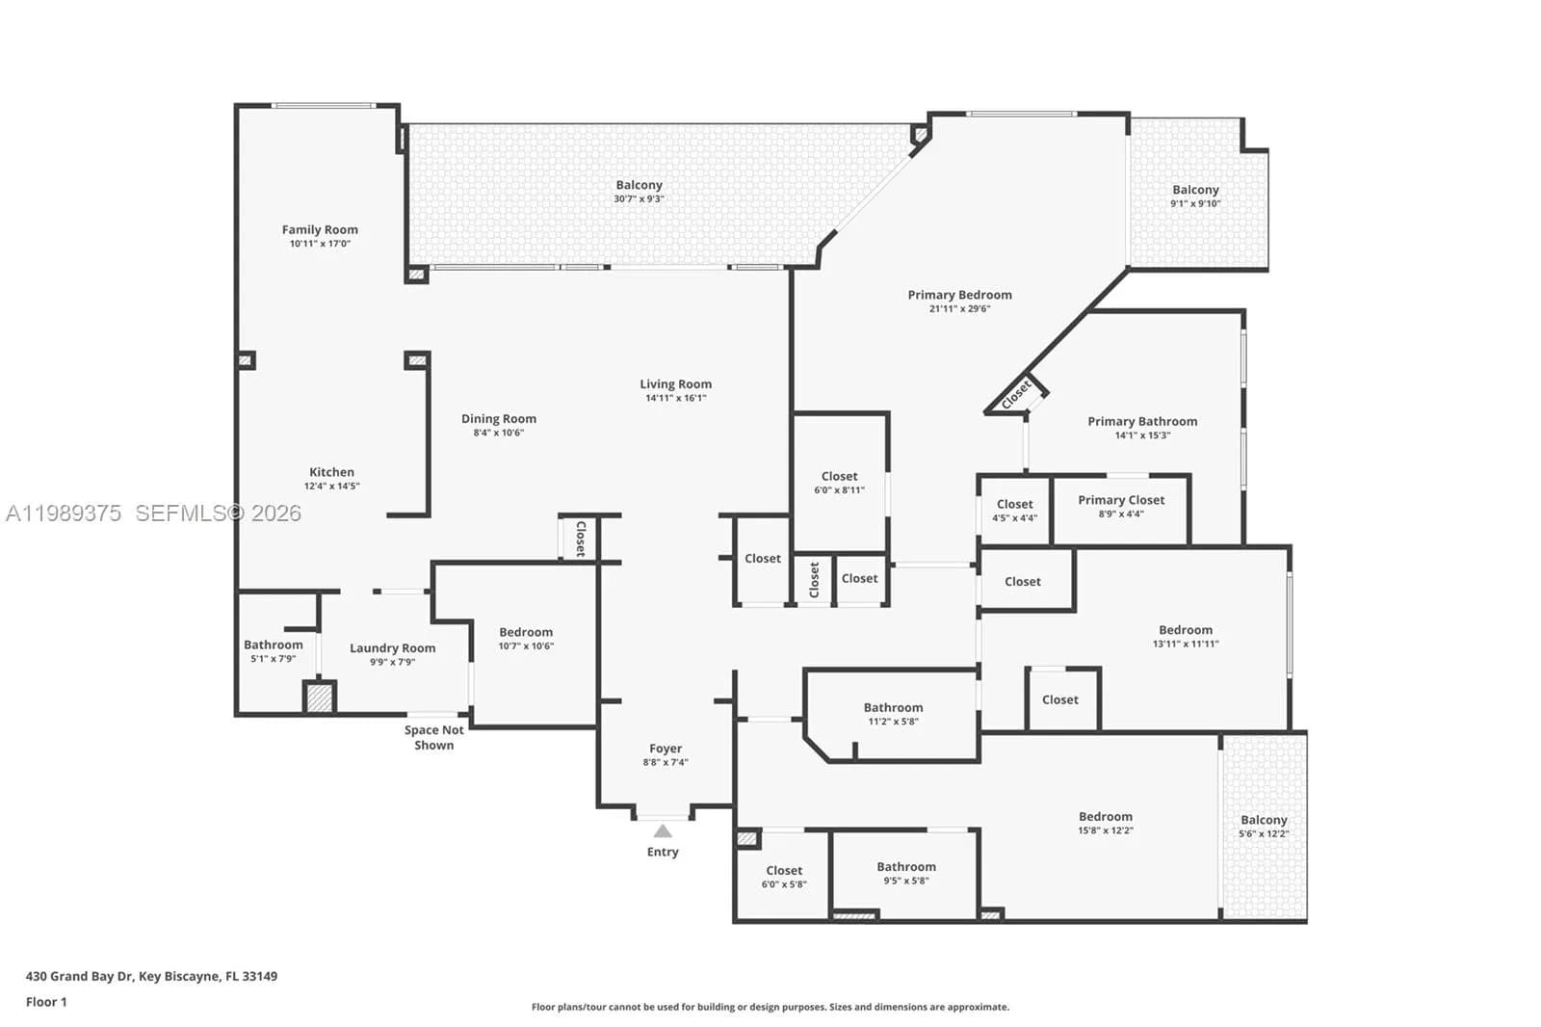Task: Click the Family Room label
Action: point(320,229)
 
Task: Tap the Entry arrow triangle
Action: point(663,831)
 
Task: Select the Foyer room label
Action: point(666,749)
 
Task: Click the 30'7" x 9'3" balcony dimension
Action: point(639,199)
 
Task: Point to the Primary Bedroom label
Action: point(959,295)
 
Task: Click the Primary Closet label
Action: point(1121,500)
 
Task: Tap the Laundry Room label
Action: point(392,648)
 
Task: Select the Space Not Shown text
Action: point(433,738)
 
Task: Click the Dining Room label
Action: point(498,419)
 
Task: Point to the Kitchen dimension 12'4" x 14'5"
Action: point(331,487)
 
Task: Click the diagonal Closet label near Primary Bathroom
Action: point(1016,394)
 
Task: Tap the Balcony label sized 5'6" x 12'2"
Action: point(1264,820)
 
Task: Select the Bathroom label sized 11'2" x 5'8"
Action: point(893,707)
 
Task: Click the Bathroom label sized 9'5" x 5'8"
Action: point(905,867)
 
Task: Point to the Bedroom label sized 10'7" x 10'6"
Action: point(526,633)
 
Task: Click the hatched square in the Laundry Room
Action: point(319,698)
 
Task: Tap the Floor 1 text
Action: point(46,1002)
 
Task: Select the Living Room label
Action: point(675,384)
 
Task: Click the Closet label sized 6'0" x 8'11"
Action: point(839,476)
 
